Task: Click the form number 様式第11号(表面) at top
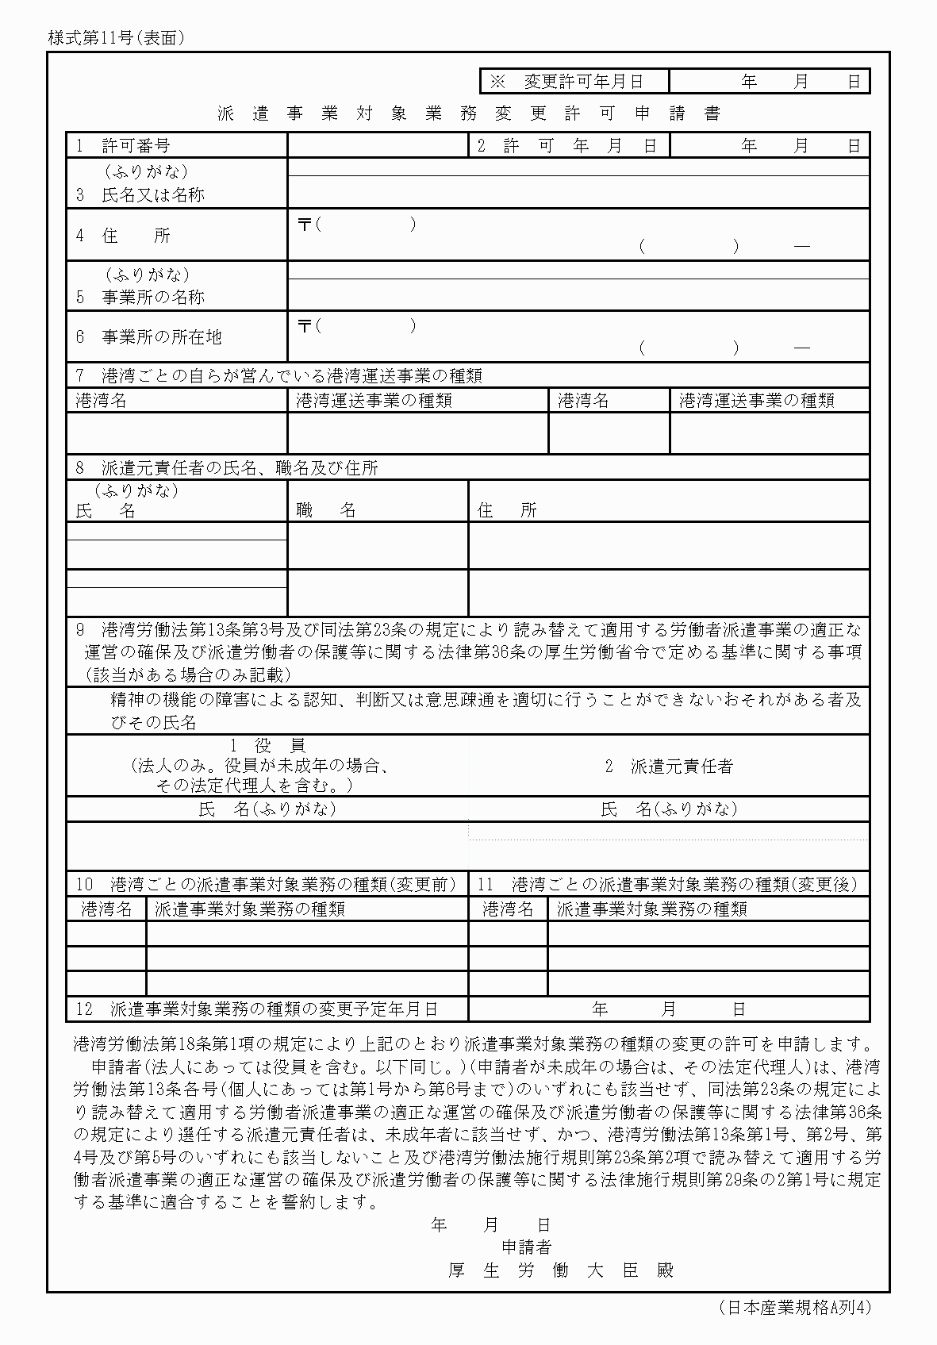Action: point(116,37)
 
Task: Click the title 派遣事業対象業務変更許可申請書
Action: point(469,113)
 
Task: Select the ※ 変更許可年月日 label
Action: point(566,81)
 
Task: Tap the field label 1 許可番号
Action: point(124,145)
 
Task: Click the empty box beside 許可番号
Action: point(378,145)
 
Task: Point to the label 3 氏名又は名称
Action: point(140,194)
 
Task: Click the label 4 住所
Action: point(124,235)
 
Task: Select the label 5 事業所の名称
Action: point(140,297)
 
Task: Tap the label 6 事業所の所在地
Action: point(149,336)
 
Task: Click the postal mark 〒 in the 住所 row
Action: point(304,225)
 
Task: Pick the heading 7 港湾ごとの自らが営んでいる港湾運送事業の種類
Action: point(278,375)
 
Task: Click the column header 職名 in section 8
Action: point(326,509)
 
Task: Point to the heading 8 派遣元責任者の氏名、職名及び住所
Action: point(227,468)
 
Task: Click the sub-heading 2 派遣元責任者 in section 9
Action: point(669,766)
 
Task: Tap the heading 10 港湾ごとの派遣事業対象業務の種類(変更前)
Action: point(266,884)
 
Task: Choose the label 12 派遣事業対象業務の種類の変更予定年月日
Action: point(257,1009)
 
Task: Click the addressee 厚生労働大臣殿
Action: point(560,1270)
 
